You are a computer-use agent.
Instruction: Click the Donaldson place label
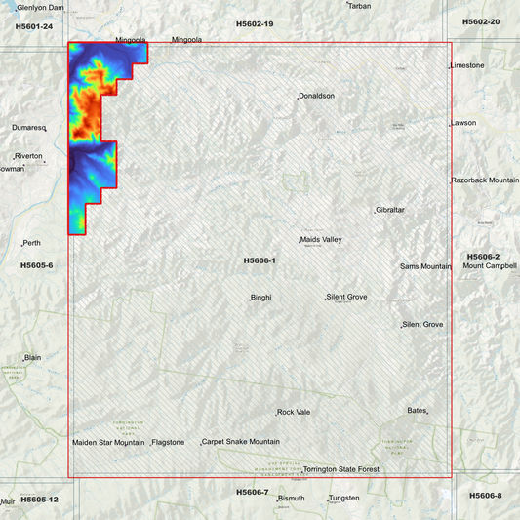point(317,96)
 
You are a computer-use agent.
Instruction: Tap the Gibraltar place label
point(390,210)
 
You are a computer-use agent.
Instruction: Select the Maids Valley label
point(321,239)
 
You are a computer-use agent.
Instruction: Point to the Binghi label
point(261,297)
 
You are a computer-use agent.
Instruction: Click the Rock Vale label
point(294,412)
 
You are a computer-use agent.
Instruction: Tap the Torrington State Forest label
point(340,469)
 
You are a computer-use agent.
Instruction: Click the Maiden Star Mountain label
point(108,442)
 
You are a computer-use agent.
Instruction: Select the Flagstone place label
point(169,442)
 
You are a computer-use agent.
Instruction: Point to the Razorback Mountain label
point(485,180)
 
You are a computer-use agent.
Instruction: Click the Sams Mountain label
point(425,266)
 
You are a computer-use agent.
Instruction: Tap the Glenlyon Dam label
point(40,6)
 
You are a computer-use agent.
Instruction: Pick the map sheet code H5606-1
point(260,260)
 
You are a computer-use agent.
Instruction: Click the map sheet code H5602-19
point(255,22)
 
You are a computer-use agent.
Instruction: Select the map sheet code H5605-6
point(37,265)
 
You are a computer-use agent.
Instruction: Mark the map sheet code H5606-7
point(252,492)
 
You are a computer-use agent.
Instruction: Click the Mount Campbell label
point(490,265)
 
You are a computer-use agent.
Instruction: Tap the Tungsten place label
point(344,498)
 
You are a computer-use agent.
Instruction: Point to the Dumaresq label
point(29,127)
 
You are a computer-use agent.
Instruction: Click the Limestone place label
point(467,65)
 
